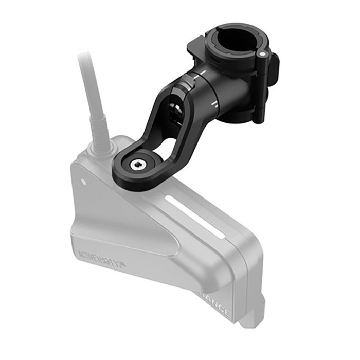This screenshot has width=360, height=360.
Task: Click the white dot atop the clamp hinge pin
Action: point(262,53)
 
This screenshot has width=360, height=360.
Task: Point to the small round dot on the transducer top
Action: point(83,182)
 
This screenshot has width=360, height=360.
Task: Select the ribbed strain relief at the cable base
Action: point(99,131)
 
